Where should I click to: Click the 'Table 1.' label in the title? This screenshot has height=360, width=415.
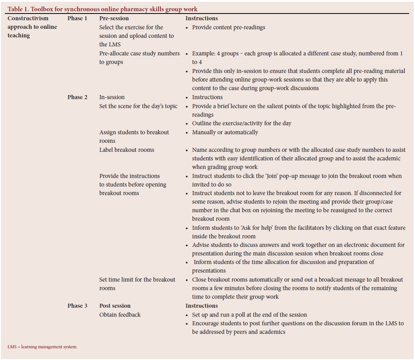pyautogui.click(x=18, y=9)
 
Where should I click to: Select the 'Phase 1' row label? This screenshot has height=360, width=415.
pyautogui.click(x=78, y=18)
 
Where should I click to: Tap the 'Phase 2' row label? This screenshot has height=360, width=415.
pyautogui.click(x=78, y=97)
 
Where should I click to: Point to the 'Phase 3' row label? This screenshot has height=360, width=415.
pyautogui.click(x=78, y=306)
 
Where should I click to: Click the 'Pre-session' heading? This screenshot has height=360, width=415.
pyautogui.click(x=114, y=18)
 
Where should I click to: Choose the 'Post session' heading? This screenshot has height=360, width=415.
pyautogui.click(x=115, y=306)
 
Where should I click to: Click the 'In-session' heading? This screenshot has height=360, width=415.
pyautogui.click(x=112, y=97)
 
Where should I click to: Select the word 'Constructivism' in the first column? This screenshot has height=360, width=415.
pyautogui.click(x=28, y=18)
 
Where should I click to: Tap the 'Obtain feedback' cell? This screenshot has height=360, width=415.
pyautogui.click(x=120, y=314)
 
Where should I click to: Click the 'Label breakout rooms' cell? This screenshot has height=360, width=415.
pyautogui.click(x=127, y=150)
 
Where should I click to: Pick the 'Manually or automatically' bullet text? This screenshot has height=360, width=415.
pyautogui.click(x=225, y=132)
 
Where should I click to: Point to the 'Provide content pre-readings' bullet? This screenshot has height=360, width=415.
pyautogui.click(x=228, y=27)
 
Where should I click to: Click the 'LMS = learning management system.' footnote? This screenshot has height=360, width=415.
pyautogui.click(x=42, y=347)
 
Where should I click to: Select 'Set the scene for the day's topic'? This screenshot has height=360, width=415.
pyautogui.click(x=138, y=106)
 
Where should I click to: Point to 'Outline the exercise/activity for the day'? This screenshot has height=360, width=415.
pyautogui.click(x=242, y=123)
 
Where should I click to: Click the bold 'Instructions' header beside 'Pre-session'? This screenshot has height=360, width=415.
pyautogui.click(x=201, y=18)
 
